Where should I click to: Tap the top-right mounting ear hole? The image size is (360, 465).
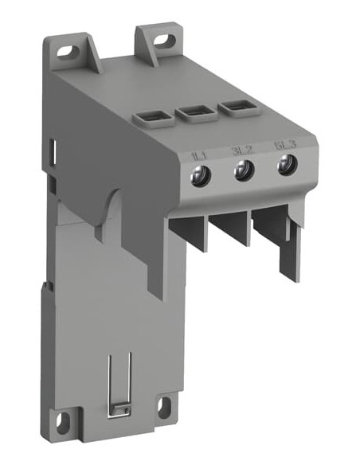pyautogui.click(x=165, y=37)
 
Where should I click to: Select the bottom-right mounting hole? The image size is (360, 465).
pyautogui.click(x=162, y=407)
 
